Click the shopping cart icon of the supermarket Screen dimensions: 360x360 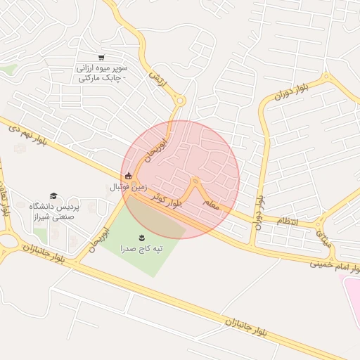(x=102, y=58)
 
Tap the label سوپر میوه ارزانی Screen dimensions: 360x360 (x=102, y=70)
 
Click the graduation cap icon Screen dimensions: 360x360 (x=53, y=195)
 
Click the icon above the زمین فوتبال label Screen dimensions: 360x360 (x=127, y=176)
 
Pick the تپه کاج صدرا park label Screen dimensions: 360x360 (x=141, y=249)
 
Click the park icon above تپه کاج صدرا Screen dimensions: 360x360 (x=141, y=236)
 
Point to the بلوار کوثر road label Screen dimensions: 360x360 (x=173, y=200)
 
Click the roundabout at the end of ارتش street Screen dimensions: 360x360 (x=180, y=101)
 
